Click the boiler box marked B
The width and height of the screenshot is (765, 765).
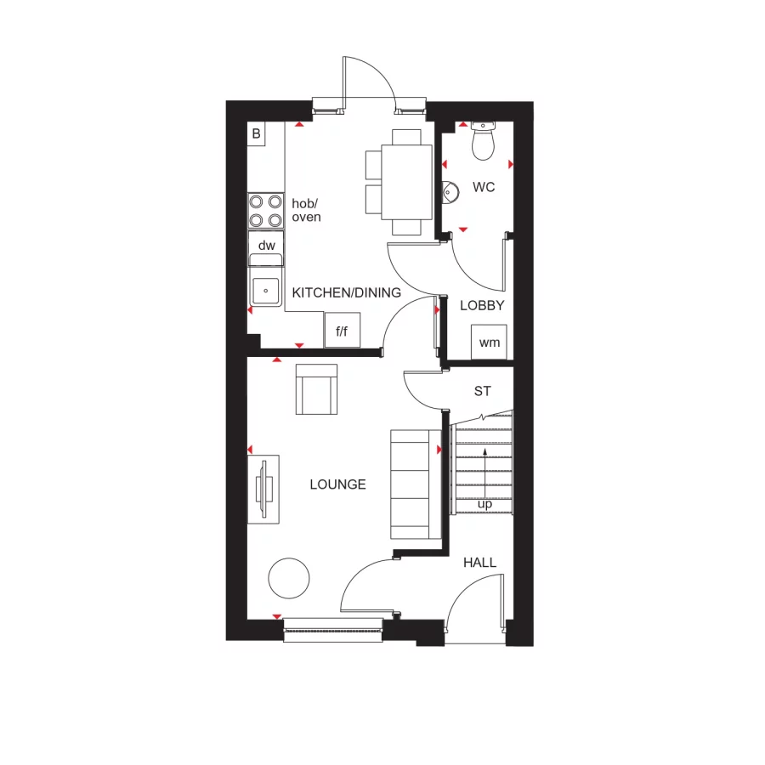click(256, 133)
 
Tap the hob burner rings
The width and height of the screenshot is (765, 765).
click(265, 210)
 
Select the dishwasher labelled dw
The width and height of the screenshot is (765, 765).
click(267, 246)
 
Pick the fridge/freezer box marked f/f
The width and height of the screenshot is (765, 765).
click(342, 331)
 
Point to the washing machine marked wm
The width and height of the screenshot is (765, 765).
click(490, 342)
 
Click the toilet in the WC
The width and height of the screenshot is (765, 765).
click(483, 141)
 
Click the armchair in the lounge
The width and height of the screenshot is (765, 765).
click(316, 389)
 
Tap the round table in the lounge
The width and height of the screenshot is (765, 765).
click(289, 579)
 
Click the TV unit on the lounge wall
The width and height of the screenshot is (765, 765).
click(265, 490)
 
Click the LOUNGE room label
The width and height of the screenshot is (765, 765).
click(337, 484)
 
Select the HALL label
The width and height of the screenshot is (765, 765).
click(479, 563)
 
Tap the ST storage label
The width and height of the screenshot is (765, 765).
click(483, 392)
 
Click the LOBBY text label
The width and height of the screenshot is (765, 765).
click(482, 306)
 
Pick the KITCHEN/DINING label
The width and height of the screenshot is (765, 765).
click(346, 293)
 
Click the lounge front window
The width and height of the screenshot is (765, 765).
click(332, 628)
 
